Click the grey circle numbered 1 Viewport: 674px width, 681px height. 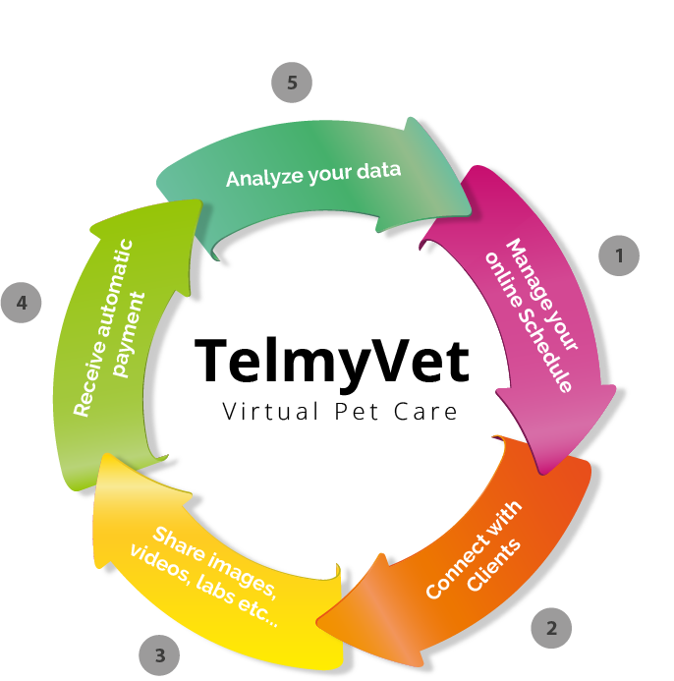(619, 256)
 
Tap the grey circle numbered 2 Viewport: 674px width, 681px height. (552, 626)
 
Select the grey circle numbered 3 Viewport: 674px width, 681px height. (159, 653)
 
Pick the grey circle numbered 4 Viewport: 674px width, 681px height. (22, 304)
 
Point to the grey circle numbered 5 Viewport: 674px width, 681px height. (292, 84)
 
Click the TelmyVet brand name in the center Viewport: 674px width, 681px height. (331, 360)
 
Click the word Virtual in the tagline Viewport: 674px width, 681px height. (264, 411)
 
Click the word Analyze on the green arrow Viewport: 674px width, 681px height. (257, 178)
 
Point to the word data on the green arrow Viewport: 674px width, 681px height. (377, 170)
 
